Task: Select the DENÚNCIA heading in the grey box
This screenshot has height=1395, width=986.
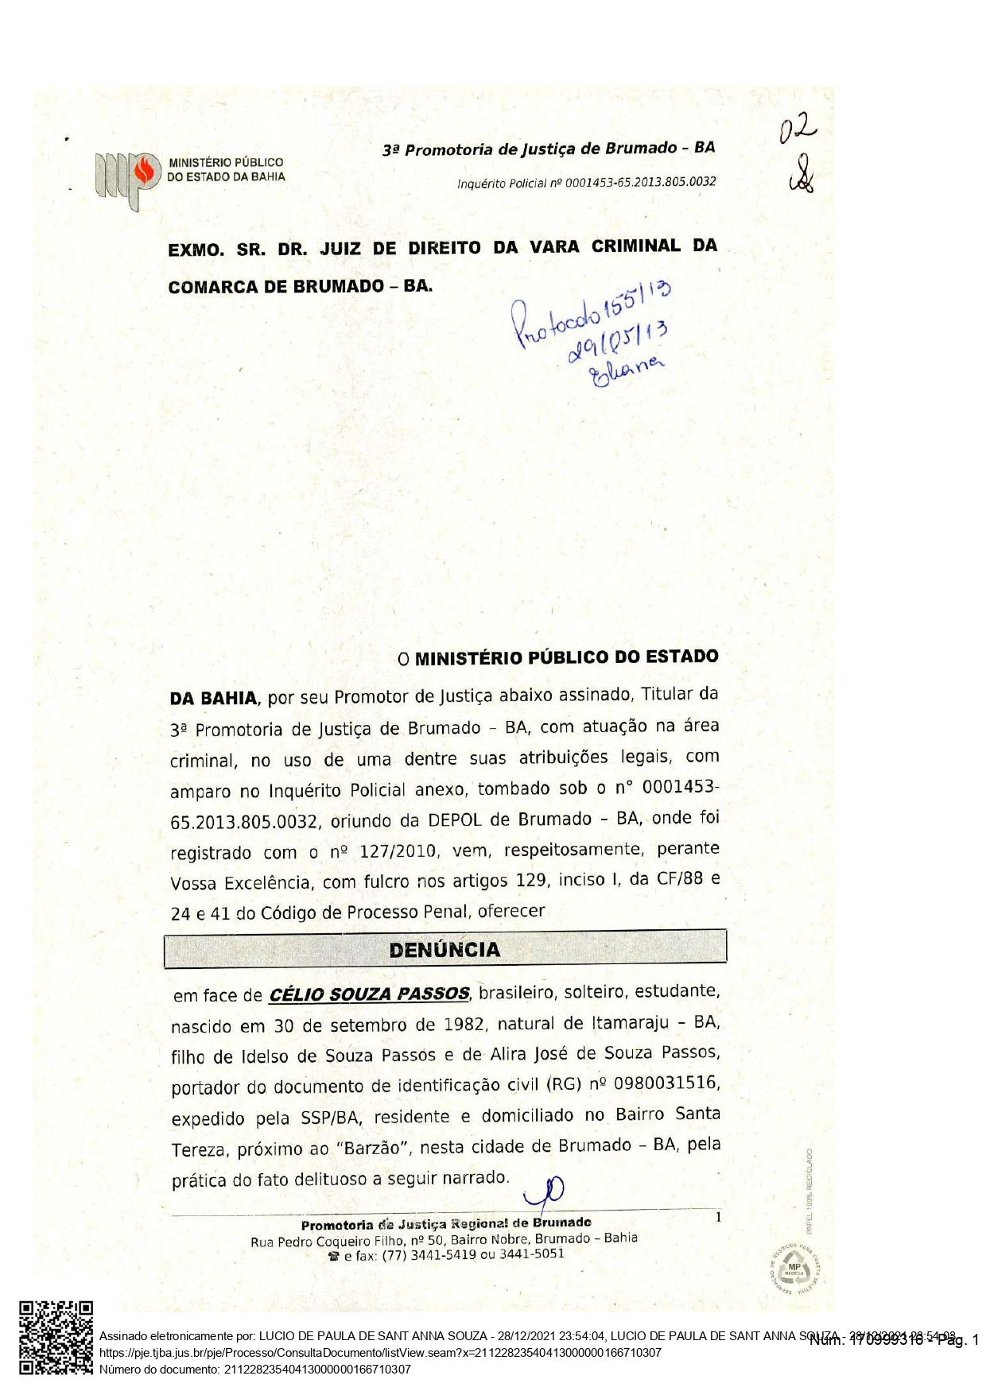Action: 444,950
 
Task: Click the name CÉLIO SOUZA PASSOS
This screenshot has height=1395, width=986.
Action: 369,994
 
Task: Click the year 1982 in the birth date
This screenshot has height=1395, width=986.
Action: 464,1025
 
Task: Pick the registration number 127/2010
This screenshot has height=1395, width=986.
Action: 398,851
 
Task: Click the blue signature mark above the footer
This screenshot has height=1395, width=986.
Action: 545,1195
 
